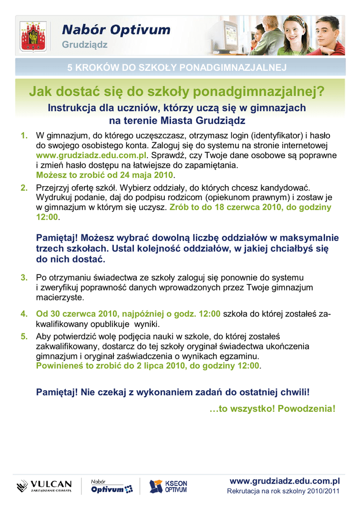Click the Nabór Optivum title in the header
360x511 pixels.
coord(116,30)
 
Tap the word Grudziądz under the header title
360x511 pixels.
coord(84,45)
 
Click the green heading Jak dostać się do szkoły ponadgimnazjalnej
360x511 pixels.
coord(176,91)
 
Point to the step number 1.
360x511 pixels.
coord(23,136)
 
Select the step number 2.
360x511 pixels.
coord(23,188)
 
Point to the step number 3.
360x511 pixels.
coord(23,277)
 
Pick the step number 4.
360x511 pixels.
coord(23,314)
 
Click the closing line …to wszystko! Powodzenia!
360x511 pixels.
coord(272,409)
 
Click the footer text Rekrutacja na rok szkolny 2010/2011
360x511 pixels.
coord(283,492)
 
